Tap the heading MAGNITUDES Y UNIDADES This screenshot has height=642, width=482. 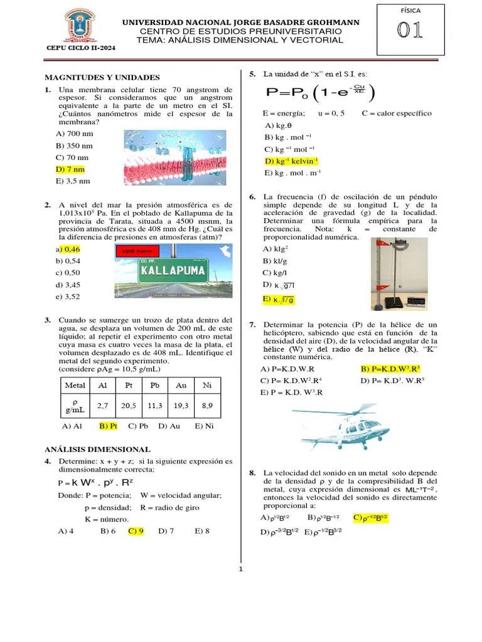pyautogui.click(x=102, y=77)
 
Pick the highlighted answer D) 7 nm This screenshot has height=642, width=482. pyautogui.click(x=70, y=169)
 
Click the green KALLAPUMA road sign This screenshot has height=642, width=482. pyautogui.click(x=173, y=271)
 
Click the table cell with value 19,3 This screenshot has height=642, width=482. pyautogui.click(x=182, y=406)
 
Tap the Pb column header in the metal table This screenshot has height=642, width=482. pyautogui.click(x=156, y=385)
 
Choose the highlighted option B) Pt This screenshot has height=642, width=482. pyautogui.click(x=109, y=426)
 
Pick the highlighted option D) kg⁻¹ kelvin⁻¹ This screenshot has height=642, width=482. pyautogui.click(x=292, y=161)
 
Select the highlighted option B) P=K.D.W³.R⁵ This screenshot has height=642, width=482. pyautogui.click(x=390, y=369)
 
